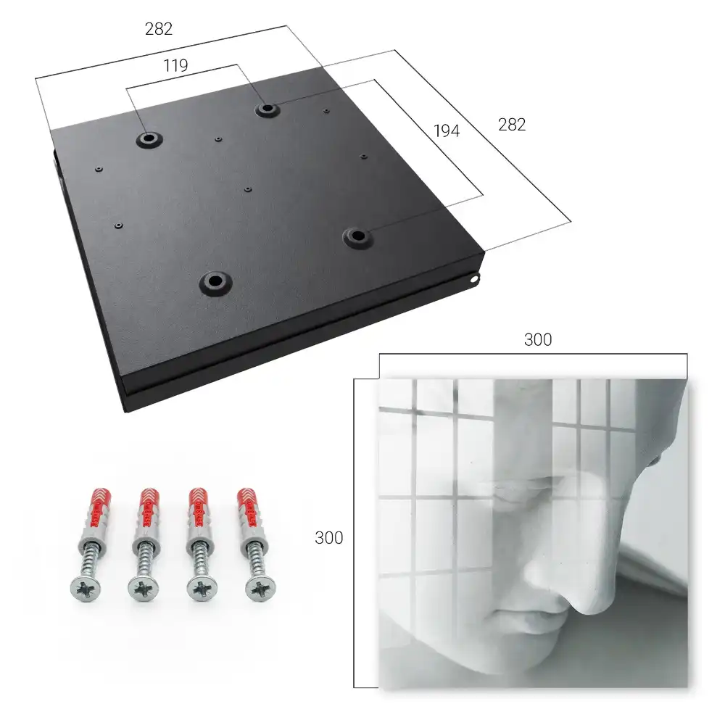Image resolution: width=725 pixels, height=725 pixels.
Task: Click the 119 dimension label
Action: pos(175,66)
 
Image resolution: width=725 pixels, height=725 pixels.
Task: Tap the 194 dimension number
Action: pos(447,130)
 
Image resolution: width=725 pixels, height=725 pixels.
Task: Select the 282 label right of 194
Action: pos(512,125)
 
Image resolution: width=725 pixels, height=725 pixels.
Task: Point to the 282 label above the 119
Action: pos(159,29)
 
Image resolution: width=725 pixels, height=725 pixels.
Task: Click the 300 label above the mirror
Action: pos(538,339)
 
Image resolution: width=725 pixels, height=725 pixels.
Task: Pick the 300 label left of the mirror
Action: pos(328,538)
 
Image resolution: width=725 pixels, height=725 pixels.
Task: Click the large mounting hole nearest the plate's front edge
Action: pos(215,283)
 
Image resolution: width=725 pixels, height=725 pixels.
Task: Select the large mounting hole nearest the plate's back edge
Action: pos(267,109)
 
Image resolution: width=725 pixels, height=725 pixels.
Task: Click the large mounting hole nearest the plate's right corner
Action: pos(357,237)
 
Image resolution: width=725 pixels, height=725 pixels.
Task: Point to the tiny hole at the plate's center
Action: pos(248,189)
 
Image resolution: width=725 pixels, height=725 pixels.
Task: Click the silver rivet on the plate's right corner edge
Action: pos(474,279)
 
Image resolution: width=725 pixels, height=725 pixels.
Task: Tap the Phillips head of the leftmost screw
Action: pos(86,589)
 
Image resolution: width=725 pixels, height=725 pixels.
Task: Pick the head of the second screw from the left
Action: pos(144,589)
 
